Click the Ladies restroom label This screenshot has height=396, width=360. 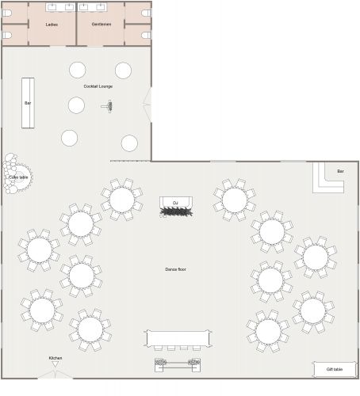(x=52, y=25)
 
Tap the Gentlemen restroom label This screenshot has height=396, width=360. (x=101, y=25)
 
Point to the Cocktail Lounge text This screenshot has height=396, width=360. (x=98, y=86)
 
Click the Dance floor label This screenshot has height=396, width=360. (x=175, y=269)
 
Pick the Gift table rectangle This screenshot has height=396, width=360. (x=334, y=369)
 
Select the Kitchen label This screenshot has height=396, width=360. (x=56, y=358)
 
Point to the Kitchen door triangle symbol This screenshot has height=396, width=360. (x=56, y=365)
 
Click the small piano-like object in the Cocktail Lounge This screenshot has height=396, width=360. (x=109, y=105)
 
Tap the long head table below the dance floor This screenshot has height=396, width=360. (x=179, y=338)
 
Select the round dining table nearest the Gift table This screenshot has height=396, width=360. (x=312, y=310)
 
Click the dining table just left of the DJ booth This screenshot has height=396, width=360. (x=121, y=199)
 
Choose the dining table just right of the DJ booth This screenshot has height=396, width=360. (x=234, y=199)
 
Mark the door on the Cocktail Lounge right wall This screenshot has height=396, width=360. (x=147, y=103)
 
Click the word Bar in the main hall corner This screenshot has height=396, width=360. (x=340, y=171)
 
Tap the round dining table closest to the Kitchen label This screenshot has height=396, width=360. (x=89, y=329)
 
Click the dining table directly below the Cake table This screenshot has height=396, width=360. (x=39, y=249)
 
